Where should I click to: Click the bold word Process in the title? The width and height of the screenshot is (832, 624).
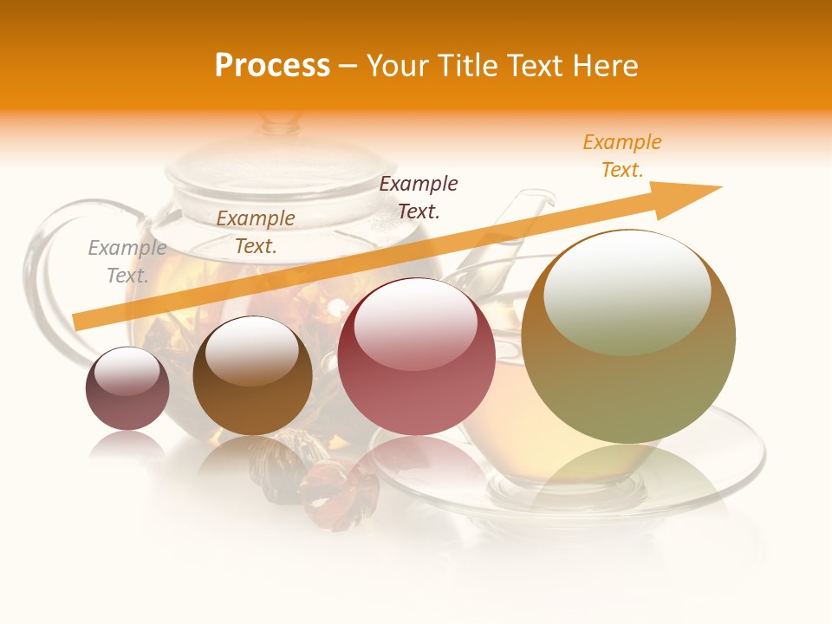pos(272,66)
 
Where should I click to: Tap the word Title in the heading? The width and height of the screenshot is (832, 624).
pos(468,66)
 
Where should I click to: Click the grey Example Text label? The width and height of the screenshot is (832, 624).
pos(127,262)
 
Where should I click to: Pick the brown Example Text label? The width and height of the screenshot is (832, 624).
pos(256,232)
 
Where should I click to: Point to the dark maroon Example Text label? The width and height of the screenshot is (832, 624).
pos(419,198)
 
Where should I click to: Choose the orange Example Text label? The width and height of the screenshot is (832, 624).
pos(622,156)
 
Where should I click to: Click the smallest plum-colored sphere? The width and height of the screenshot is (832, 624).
pos(127,388)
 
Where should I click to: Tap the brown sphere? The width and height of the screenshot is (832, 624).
pos(252,376)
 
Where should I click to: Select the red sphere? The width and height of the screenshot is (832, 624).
pos(416,356)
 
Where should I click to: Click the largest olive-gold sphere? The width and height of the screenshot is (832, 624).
pos(628,336)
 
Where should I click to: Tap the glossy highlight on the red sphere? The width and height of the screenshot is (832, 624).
pos(416,323)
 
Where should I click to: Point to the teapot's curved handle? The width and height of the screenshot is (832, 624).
pos(43,260)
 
